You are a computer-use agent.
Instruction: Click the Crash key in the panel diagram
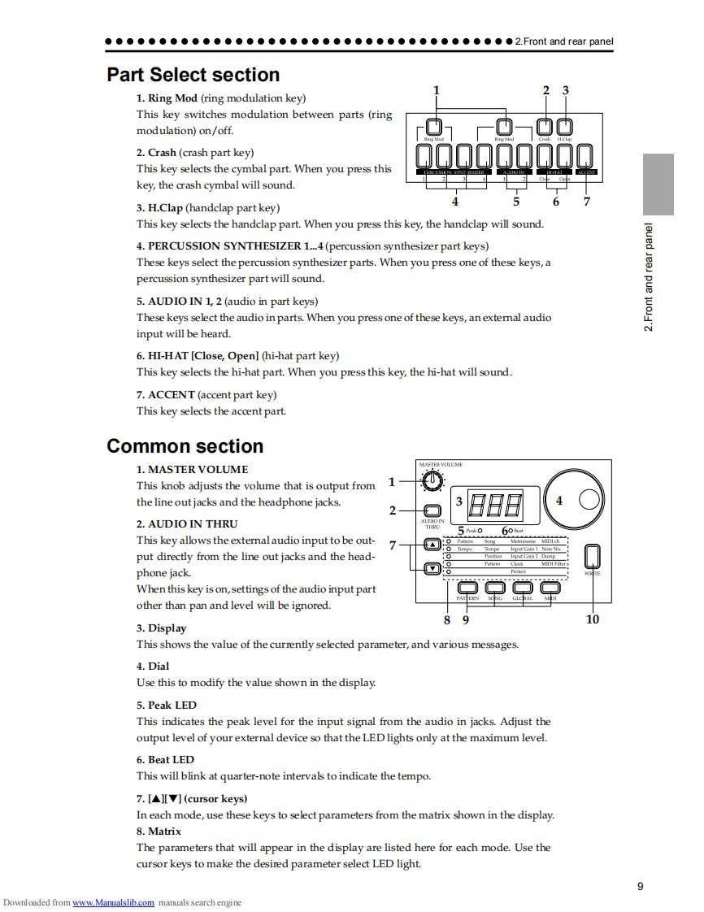pyautogui.click(x=545, y=127)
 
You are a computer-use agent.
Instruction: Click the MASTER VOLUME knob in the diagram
pyautogui.click(x=433, y=482)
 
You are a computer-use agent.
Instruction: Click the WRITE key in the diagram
pyautogui.click(x=593, y=555)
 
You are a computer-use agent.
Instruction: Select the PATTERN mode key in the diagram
pyautogui.click(x=467, y=587)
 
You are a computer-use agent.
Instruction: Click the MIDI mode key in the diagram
pyautogui.click(x=550, y=587)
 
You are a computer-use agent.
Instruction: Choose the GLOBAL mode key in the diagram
pyautogui.click(x=523, y=587)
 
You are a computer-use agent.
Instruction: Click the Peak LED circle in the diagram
pyautogui.click(x=480, y=531)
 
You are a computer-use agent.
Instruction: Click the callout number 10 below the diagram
pyautogui.click(x=592, y=619)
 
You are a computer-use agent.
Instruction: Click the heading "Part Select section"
pyautogui.click(x=193, y=75)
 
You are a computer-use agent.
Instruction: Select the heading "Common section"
pyautogui.click(x=185, y=446)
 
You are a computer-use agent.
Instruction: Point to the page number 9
pyautogui.click(x=640, y=886)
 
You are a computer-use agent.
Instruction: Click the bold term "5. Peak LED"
pyautogui.click(x=166, y=705)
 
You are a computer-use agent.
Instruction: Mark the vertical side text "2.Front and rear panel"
pyautogui.click(x=649, y=277)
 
